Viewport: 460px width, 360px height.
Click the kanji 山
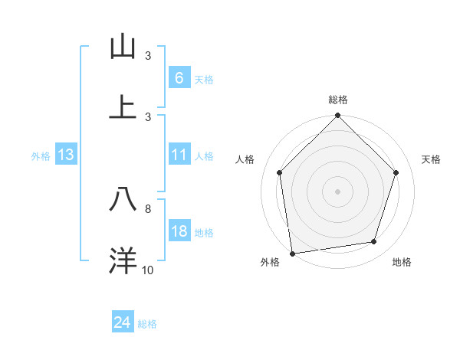pyautogui.click(x=123, y=47)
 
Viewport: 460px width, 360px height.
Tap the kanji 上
pyautogui.click(x=123, y=107)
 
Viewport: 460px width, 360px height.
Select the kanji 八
pyautogui.click(x=123, y=200)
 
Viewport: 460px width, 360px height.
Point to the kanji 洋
pyautogui.click(x=123, y=260)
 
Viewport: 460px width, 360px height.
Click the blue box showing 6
pyautogui.click(x=179, y=77)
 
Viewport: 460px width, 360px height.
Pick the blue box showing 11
pyautogui.click(x=179, y=155)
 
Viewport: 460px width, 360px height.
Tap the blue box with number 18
pyautogui.click(x=179, y=231)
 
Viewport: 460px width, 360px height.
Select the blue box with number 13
pyautogui.click(x=66, y=155)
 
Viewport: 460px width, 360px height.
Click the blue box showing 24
pyautogui.click(x=122, y=323)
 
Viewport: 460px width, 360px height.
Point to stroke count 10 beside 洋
pyautogui.click(x=148, y=270)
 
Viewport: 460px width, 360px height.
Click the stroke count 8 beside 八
pyautogui.click(x=148, y=208)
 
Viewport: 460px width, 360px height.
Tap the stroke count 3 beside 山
pyautogui.click(x=148, y=56)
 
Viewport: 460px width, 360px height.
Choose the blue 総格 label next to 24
pyautogui.click(x=147, y=324)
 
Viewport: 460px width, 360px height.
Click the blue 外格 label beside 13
pyautogui.click(x=41, y=155)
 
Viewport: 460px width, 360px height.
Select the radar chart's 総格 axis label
pyautogui.click(x=338, y=100)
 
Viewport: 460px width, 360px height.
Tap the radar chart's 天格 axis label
pyautogui.click(x=432, y=159)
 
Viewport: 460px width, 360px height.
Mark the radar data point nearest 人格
pyautogui.click(x=280, y=172)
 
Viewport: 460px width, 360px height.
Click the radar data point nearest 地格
pyautogui.click(x=374, y=242)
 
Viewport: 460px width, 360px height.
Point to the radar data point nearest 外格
pyautogui.click(x=292, y=253)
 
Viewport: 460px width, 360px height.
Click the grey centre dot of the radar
pyautogui.click(x=337, y=191)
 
